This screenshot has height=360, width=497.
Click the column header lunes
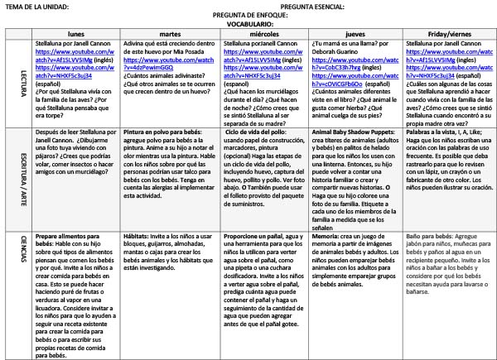pyautogui.click(x=78, y=34)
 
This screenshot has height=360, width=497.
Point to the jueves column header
pyautogui.click(x=356, y=34)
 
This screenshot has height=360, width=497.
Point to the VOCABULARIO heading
pyautogui.click(x=244, y=25)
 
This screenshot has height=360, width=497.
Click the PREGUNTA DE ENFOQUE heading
pyautogui.click(x=250, y=16)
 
